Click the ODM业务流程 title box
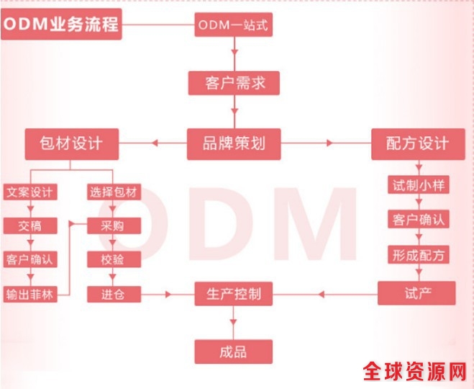point(61,26)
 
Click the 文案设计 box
point(30,192)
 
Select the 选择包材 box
point(114,192)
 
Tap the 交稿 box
point(30,225)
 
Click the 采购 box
point(114,225)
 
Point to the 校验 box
point(114,259)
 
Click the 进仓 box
point(114,293)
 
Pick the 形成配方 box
point(417,255)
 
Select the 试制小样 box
point(417,184)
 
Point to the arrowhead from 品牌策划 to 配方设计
point(330,143)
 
